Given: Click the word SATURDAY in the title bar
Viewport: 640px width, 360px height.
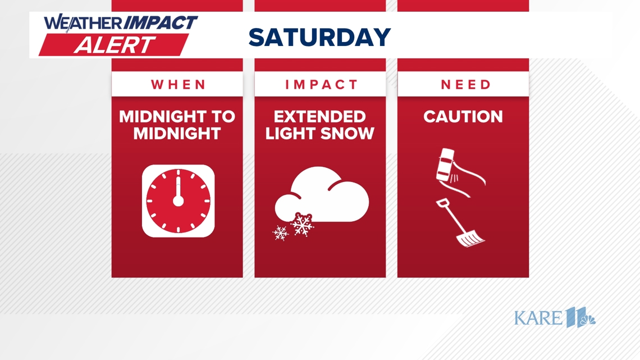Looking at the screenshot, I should point(319,38).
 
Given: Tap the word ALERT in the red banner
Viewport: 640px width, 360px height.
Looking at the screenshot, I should point(115,44).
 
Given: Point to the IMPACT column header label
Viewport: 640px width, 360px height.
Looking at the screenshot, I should point(321,85).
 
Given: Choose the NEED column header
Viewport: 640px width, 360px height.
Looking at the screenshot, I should point(465,85).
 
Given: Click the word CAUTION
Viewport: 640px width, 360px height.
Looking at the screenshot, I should point(463,117).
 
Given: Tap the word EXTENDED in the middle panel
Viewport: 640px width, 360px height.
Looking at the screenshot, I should point(320,117).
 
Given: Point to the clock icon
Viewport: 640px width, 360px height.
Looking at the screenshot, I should point(178,201).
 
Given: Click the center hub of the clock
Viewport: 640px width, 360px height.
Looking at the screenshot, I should point(178,201).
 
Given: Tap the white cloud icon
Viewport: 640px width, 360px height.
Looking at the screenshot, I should point(326,197).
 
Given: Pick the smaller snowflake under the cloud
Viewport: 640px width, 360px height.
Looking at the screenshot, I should point(280,232).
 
